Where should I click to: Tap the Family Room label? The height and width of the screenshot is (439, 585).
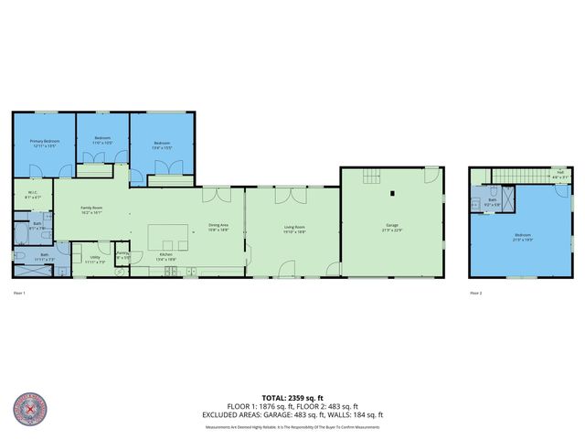[x=90, y=209]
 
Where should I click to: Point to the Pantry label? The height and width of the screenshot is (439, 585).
[x=122, y=255]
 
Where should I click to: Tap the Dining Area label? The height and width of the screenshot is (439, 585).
[x=218, y=227]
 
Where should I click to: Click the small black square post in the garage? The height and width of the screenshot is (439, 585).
[x=391, y=193]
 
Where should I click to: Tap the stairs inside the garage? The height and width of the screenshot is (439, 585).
[x=371, y=177]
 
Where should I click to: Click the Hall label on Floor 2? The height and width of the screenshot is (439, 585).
[x=559, y=171]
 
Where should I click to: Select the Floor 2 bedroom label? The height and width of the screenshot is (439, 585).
[x=521, y=237]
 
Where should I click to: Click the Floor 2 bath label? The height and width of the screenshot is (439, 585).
[x=491, y=204]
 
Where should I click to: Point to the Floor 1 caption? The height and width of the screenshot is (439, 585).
[x=19, y=293]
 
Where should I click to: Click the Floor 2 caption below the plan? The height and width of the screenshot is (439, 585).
[x=475, y=293]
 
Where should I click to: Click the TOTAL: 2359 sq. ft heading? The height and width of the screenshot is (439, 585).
[x=292, y=397]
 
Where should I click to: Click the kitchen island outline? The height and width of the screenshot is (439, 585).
[x=171, y=236]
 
